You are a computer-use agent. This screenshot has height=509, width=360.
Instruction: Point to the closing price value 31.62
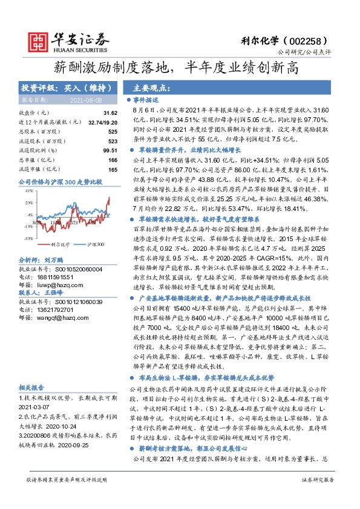[110, 113]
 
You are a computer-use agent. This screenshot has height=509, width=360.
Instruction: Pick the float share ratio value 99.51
[110, 150]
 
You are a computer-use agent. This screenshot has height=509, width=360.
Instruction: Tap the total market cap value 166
[112, 160]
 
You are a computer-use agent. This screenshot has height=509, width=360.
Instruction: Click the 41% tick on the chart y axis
[28, 190]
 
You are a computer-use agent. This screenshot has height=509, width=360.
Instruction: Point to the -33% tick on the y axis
[28, 239]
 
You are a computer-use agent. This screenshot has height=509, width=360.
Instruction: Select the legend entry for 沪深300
[95, 244]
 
